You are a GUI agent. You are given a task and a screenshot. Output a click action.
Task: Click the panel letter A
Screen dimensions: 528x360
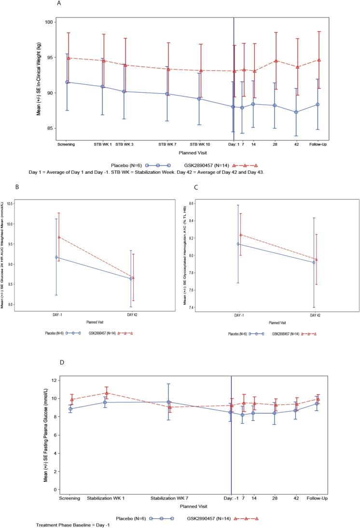(58, 4)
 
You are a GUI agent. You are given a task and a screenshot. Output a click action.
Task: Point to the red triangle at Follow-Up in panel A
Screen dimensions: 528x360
(319, 60)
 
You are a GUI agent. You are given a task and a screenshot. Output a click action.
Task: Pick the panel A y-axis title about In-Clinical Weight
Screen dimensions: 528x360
(39, 80)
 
